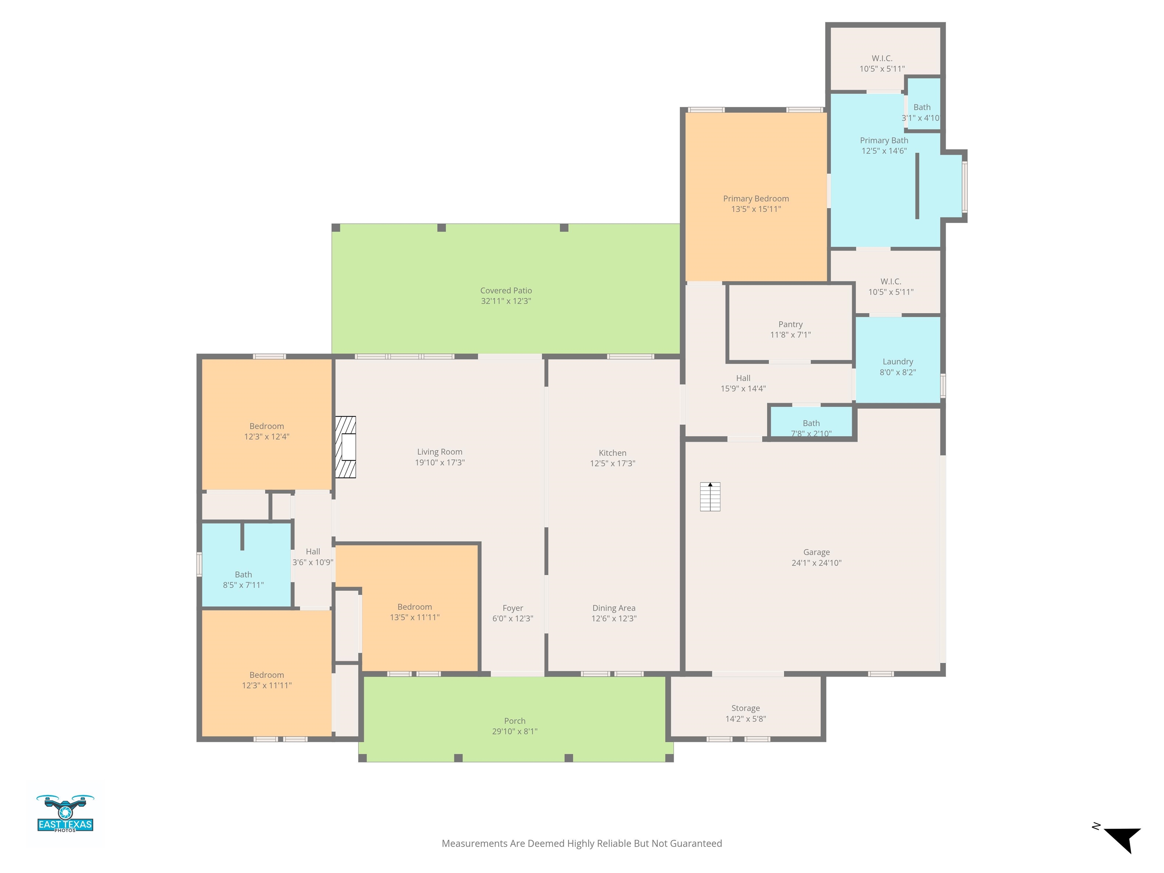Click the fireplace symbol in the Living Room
point(346,447)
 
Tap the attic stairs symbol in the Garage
point(710,496)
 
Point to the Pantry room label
point(790,324)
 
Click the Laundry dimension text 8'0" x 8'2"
point(898,372)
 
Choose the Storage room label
point(746,708)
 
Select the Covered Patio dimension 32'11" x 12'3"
point(506,301)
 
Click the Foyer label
point(513,608)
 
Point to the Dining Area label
point(613,608)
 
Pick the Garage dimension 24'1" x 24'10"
point(816,563)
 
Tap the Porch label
point(515,721)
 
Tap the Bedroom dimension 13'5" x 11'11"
point(415,617)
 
